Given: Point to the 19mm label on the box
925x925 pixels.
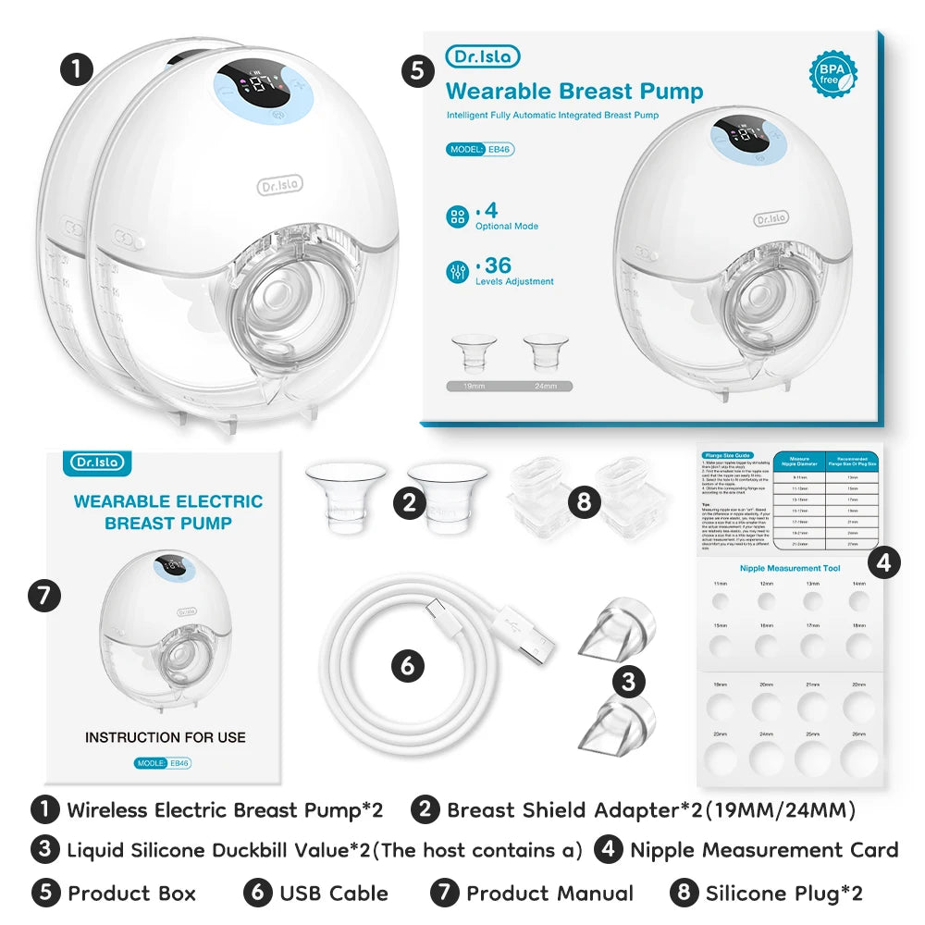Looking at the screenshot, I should click(x=470, y=386).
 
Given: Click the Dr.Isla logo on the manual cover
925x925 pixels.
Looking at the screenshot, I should click(x=95, y=462).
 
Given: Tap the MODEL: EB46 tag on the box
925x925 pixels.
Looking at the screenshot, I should click(x=479, y=149).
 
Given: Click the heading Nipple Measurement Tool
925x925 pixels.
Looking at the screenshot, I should click(x=790, y=568).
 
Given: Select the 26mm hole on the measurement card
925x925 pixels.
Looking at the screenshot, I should click(x=858, y=757).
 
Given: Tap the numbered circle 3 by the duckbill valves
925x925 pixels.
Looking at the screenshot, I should click(x=629, y=683).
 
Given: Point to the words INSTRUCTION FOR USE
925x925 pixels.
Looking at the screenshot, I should click(x=166, y=737).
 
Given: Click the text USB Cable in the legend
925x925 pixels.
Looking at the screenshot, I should click(x=334, y=893).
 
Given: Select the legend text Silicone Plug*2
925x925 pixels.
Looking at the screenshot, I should click(x=783, y=893).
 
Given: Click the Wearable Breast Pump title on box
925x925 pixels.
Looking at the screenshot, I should click(x=574, y=92).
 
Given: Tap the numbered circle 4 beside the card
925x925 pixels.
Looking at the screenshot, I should click(x=885, y=562).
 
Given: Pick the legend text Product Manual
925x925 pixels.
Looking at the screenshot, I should click(x=549, y=893).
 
